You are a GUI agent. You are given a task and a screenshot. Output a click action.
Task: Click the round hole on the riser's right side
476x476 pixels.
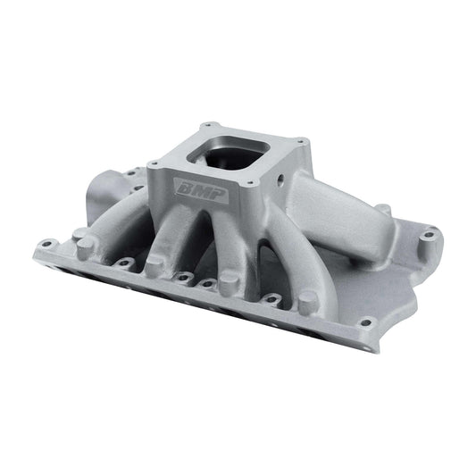(x=280, y=179)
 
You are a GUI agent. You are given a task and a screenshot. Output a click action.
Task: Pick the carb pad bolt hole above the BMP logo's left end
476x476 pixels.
(x=154, y=163)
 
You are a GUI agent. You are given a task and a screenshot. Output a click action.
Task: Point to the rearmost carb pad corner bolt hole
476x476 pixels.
(x=207, y=124)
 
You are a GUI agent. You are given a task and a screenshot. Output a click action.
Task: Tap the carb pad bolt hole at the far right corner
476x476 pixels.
(x=301, y=140)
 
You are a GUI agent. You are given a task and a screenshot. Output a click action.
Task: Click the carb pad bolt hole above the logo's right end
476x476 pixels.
(x=250, y=183)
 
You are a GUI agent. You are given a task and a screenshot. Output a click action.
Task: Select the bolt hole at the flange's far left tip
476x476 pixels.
(x=46, y=244)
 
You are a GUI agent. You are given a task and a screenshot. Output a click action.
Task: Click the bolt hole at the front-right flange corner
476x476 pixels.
(x=366, y=322)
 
